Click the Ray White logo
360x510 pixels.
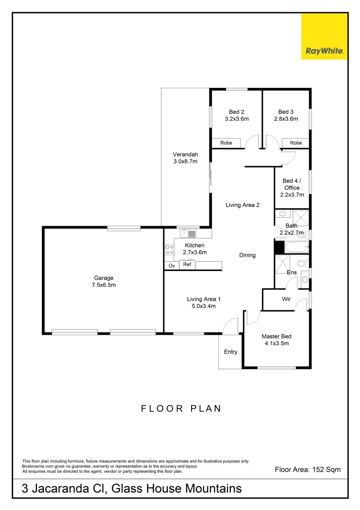[x=324, y=51]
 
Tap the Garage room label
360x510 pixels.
[x=103, y=281]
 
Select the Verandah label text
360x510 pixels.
[x=185, y=158]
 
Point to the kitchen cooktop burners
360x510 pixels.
[x=169, y=250]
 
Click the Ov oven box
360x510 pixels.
[x=171, y=266]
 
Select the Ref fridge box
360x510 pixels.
[x=187, y=265]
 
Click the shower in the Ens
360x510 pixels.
[x=283, y=263]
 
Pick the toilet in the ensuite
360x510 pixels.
[x=301, y=263]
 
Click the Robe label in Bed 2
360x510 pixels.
[x=226, y=143]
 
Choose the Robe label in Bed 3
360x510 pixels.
[x=296, y=143]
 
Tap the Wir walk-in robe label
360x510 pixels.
[x=286, y=299]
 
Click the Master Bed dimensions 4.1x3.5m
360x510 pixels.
[x=276, y=343]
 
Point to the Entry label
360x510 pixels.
[x=231, y=352]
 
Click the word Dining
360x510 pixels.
[x=247, y=255]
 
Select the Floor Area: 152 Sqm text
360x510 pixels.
[x=308, y=469]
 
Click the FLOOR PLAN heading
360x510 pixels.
[x=181, y=408]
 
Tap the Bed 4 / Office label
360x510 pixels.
[x=292, y=187]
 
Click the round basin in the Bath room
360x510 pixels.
[x=282, y=214]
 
